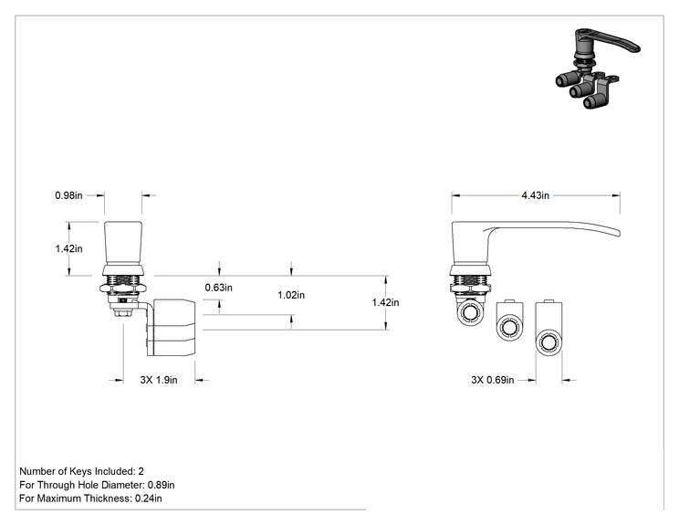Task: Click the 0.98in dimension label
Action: [x=68, y=195]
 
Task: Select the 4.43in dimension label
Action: [x=535, y=195]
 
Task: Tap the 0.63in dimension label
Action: [x=219, y=288]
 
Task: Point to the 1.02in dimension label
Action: [x=291, y=295]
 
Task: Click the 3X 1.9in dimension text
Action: [x=159, y=380]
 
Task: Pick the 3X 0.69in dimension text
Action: [x=492, y=380]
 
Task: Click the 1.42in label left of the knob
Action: [x=68, y=248]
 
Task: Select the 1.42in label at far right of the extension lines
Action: [x=385, y=302]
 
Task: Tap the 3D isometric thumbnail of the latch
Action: [x=598, y=68]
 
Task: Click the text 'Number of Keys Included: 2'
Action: [x=81, y=471]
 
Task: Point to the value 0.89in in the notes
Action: [x=162, y=485]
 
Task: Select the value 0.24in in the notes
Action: [x=149, y=499]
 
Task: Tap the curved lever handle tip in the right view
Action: [x=618, y=233]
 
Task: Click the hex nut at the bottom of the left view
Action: [x=123, y=311]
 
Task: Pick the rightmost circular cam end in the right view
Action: [x=548, y=342]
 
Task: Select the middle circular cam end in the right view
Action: [x=509, y=327]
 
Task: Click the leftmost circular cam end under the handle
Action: [x=469, y=313]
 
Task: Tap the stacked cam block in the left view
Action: [x=171, y=327]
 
